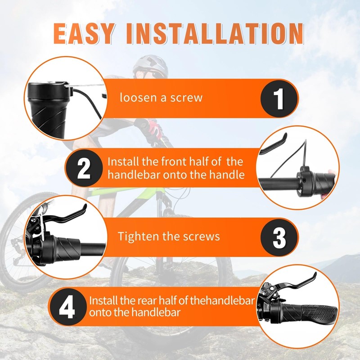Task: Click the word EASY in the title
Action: (x=84, y=34)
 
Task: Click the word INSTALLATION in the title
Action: (x=215, y=34)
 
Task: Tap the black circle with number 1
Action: (x=279, y=99)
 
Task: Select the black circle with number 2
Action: (x=84, y=168)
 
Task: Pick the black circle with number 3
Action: (x=279, y=238)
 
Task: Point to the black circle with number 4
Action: (x=67, y=307)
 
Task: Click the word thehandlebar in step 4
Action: (x=222, y=301)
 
